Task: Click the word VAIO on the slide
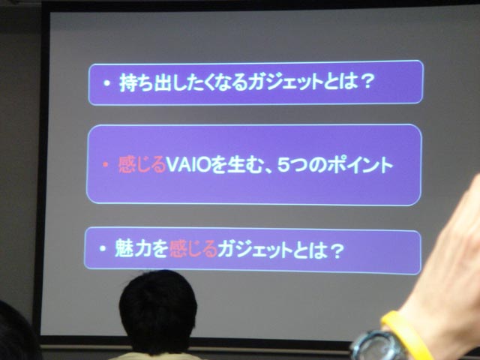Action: [188, 166]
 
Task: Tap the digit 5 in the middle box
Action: [283, 165]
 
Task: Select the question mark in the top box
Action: [366, 82]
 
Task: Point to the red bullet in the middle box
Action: [106, 165]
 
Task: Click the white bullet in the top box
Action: [106, 82]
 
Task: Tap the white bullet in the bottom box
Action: [103, 248]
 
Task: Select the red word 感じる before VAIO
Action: [142, 165]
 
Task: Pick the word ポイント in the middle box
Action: [360, 165]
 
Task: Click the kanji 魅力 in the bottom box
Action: [133, 248]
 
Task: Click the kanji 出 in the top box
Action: [162, 82]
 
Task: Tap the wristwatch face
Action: [379, 346]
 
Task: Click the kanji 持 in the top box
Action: [127, 82]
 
